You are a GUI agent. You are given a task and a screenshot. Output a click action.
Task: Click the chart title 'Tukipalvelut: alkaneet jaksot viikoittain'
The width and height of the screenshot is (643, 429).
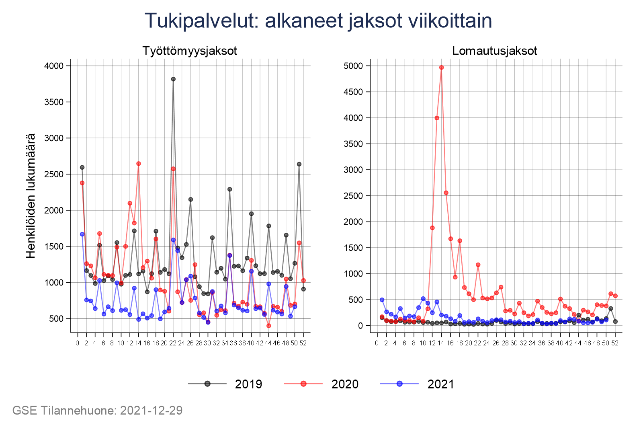point(318,21)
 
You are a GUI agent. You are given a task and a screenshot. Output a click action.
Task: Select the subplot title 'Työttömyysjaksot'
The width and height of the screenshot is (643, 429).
point(190,51)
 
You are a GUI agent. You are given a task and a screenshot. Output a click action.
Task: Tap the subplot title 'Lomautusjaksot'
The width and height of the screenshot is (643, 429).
point(494,51)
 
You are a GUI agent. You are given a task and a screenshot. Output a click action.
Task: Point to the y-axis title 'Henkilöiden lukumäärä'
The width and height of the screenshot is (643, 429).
point(31,195)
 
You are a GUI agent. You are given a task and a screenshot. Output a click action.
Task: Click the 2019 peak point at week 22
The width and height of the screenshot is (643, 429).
point(173,79)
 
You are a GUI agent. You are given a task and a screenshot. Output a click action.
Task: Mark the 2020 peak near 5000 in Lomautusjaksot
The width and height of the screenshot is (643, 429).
point(441,68)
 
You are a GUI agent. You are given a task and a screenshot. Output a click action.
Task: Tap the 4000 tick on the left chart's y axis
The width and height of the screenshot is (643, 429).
point(53,66)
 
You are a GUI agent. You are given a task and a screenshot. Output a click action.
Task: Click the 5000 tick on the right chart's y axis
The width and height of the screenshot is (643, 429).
point(353,66)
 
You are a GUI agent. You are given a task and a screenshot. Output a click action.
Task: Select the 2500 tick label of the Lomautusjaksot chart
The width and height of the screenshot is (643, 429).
point(353,196)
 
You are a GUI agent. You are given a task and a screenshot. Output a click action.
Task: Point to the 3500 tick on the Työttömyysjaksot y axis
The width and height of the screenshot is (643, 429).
point(53,102)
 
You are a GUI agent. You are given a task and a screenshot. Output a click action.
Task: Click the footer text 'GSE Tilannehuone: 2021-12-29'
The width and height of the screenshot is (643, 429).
point(97,411)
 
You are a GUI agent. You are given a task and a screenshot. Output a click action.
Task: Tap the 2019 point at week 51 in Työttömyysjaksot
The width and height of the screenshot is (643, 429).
point(299,164)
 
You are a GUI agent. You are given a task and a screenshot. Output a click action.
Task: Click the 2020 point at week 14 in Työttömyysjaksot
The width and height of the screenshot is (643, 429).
point(139,164)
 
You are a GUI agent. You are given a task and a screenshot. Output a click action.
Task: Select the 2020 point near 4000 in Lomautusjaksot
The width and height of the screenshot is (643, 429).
point(437,118)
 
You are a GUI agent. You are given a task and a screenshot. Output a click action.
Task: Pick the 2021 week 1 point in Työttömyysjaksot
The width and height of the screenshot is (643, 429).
point(82,234)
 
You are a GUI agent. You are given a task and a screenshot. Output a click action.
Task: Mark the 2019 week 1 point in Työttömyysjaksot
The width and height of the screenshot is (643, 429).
point(82,167)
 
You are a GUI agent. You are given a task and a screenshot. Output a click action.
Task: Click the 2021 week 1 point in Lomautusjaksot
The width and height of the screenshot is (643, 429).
point(382,300)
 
